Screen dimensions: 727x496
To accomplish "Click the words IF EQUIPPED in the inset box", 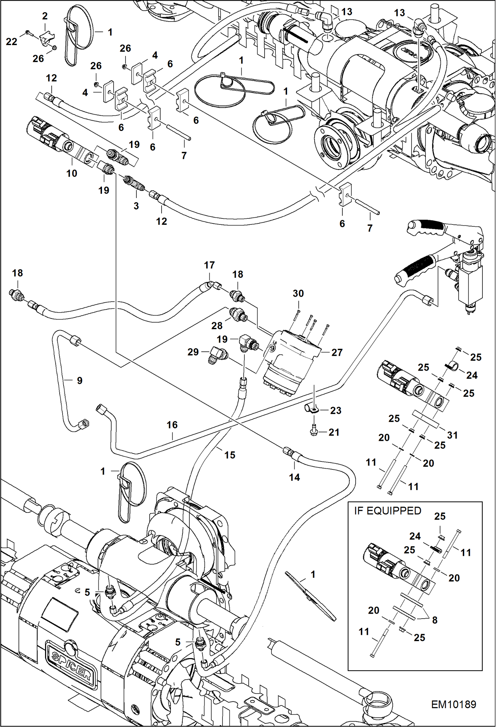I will click(x=387, y=511).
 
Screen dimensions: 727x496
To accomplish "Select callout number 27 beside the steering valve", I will click(x=337, y=352).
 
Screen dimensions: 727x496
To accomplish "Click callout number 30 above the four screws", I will click(x=298, y=293).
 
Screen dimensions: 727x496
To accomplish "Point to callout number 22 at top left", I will click(x=12, y=41).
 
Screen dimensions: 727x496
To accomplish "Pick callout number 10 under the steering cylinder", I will click(x=72, y=173).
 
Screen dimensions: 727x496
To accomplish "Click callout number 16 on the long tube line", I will click(x=172, y=425).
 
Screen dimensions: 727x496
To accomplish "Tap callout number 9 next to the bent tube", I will click(x=79, y=380).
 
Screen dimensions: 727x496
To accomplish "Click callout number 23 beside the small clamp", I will click(x=335, y=410).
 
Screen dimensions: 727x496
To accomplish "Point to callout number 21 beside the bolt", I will click(x=334, y=432).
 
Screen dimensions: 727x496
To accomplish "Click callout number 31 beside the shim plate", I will click(x=452, y=435).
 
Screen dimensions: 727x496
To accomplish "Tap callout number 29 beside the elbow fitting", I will click(x=193, y=352).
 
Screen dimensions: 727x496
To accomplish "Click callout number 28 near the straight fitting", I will click(x=217, y=326).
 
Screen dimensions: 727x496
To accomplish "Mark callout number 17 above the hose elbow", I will click(x=209, y=265).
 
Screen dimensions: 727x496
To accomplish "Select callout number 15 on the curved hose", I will click(x=229, y=455).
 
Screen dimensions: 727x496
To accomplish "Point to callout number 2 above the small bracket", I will click(x=45, y=16).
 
